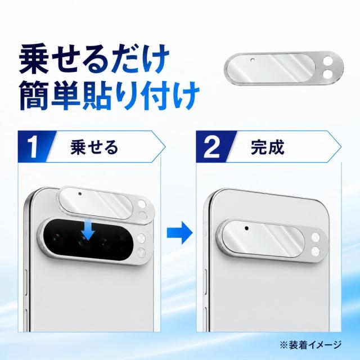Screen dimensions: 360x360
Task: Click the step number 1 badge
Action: click(34, 147)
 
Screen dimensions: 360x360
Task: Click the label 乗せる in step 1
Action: click(94, 147)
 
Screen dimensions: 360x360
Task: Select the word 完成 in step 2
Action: click(268, 147)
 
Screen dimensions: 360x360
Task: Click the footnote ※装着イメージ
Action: click(310, 345)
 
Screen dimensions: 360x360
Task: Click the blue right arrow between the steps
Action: click(179, 232)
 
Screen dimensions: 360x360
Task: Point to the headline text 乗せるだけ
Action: click(94, 60)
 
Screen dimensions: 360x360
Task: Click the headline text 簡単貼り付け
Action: click(109, 96)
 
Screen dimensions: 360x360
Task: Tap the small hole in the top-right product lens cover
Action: click(253, 60)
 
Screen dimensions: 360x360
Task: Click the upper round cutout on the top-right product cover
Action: click(327, 62)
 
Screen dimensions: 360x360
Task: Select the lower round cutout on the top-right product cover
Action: click(327, 74)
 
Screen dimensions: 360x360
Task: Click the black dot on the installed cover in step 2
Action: click(246, 228)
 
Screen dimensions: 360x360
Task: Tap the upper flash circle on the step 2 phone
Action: click(316, 237)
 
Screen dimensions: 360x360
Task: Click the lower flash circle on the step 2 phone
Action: click(315, 251)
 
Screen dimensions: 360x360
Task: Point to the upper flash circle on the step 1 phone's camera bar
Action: click(141, 238)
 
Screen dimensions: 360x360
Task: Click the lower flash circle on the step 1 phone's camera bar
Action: click(141, 253)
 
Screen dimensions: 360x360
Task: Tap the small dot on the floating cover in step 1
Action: click(80, 193)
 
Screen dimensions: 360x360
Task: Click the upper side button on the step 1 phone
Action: click(26, 282)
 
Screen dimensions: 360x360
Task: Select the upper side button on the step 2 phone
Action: click(205, 283)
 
